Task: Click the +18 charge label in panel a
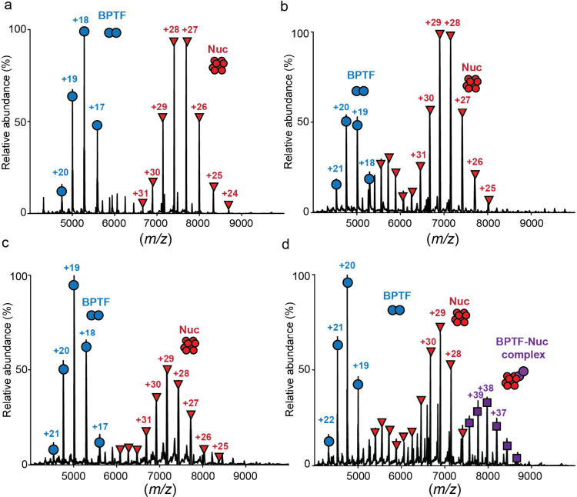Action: click(x=81, y=20)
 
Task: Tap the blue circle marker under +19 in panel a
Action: click(x=72, y=96)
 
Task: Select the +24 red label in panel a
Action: click(x=229, y=193)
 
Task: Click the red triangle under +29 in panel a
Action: click(x=162, y=118)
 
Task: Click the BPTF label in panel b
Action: click(x=361, y=75)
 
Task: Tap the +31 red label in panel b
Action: click(x=419, y=155)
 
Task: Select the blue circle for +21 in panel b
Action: click(x=336, y=185)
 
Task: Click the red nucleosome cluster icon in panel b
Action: click(x=472, y=84)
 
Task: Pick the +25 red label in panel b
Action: click(x=488, y=188)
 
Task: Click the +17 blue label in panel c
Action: click(x=100, y=427)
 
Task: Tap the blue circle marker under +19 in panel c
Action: click(x=74, y=285)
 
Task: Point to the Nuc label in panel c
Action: click(x=189, y=329)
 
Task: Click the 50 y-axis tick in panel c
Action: click(x=22, y=370)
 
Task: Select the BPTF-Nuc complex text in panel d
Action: click(x=522, y=348)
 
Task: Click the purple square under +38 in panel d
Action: click(x=487, y=402)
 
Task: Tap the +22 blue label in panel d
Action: click(x=326, y=420)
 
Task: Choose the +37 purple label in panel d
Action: click(x=499, y=413)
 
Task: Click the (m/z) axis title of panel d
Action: click(x=444, y=489)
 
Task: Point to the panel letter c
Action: click(x=5, y=244)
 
